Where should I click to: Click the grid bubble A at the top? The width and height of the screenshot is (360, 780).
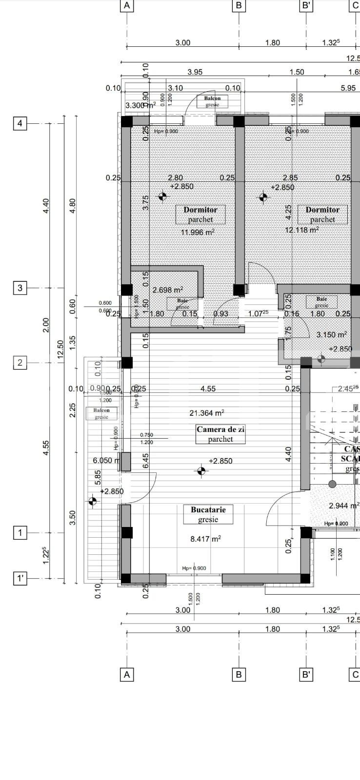[x=127, y=6]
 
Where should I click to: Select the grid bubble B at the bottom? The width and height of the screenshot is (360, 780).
[x=239, y=675]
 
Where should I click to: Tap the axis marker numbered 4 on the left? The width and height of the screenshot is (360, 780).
[x=20, y=123]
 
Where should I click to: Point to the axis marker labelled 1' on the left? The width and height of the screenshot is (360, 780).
[x=20, y=579]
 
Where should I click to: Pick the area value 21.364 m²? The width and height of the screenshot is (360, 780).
[x=207, y=413]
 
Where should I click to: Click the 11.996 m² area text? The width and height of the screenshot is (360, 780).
[x=198, y=233]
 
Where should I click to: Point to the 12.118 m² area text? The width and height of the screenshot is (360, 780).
[x=302, y=230]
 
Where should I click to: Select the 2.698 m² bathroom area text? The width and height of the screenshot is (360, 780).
[x=168, y=290]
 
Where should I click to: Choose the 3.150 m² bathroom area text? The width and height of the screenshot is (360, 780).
[x=332, y=335]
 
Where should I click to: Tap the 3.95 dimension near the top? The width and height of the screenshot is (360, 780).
[x=195, y=72]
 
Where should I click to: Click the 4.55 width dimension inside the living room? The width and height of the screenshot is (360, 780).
[x=208, y=389]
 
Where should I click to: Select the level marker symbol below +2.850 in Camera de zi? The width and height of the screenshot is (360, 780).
[x=200, y=471]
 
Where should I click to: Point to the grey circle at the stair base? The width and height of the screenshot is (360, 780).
[x=332, y=484]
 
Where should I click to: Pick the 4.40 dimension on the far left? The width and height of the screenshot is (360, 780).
[x=46, y=205]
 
